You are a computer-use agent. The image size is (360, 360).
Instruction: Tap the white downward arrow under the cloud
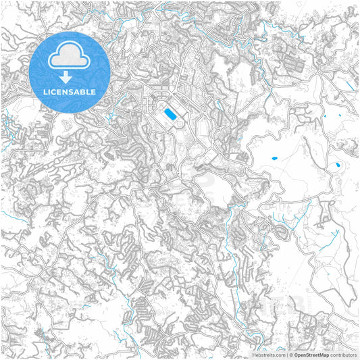[70, 76]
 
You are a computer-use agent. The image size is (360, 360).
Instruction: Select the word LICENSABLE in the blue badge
[70, 91]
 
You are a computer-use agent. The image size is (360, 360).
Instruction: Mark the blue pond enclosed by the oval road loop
[335, 165]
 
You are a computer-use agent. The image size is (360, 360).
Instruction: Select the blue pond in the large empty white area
[274, 159]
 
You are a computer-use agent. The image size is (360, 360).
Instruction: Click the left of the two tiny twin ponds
[325, 116]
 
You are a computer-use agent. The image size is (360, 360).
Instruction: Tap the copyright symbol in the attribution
[291, 355]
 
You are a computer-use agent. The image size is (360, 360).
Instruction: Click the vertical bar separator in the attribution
[286, 355]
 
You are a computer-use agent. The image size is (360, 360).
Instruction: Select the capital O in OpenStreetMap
[297, 355]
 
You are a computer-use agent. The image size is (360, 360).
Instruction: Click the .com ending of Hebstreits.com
[279, 355]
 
